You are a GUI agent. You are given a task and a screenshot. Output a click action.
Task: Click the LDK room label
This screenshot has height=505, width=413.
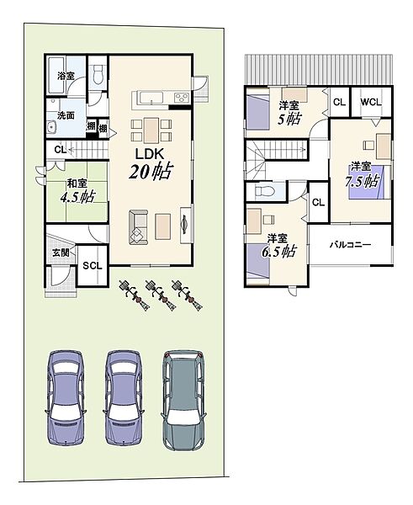point(150,154)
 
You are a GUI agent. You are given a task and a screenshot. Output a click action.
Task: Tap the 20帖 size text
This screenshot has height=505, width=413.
point(150,172)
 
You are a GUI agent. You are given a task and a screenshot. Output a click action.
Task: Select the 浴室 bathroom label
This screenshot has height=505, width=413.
point(66,76)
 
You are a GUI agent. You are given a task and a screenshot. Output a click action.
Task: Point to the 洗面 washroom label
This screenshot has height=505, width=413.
point(66,115)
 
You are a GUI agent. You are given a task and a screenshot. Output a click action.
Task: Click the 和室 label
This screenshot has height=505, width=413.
point(77,183)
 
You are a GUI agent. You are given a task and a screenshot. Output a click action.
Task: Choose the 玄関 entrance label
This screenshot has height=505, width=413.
point(61,252)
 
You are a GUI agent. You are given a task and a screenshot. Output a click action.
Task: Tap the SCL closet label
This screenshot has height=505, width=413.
point(93,266)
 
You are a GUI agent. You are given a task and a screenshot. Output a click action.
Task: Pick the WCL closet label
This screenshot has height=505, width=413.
point(371,103)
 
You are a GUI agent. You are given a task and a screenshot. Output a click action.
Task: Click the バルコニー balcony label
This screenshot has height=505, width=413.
point(350,245)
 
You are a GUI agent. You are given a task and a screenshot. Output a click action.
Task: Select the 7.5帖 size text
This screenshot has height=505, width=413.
point(362,181)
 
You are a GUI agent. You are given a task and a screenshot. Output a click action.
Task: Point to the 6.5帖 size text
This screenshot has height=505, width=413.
point(278,252)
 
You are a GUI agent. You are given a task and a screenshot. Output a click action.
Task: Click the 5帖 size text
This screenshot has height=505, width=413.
point(289,120)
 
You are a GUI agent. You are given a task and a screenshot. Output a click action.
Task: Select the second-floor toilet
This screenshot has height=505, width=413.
point(265,192)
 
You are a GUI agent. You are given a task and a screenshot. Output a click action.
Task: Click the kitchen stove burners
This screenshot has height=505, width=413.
point(182,98)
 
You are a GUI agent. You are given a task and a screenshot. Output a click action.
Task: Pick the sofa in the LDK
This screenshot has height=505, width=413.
point(139,227)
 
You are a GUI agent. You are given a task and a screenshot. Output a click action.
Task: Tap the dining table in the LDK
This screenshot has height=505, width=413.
point(151,130)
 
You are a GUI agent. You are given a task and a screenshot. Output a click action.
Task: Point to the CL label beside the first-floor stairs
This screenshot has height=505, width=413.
point(61,150)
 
